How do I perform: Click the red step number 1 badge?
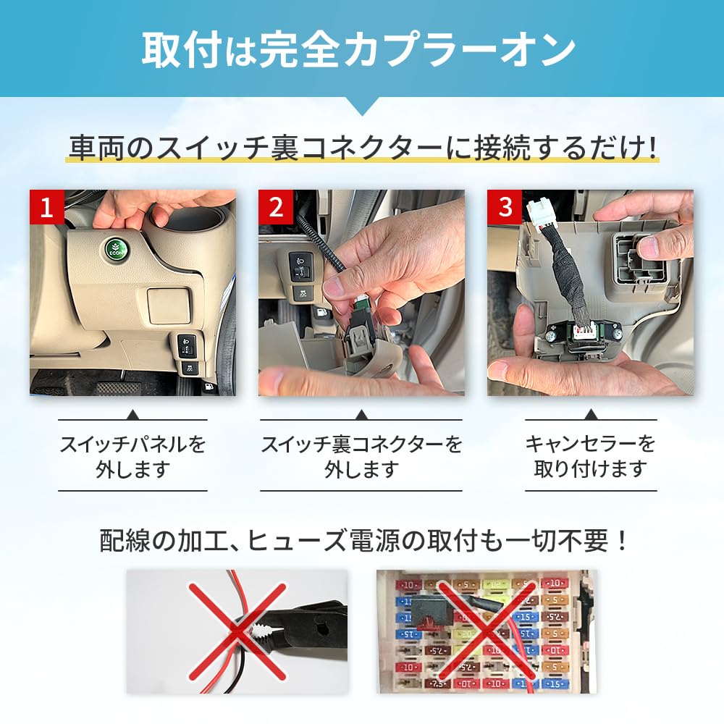click(47, 208)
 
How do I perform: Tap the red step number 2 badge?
click(276, 208)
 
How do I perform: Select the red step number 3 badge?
click(505, 208)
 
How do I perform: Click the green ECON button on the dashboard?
click(115, 249)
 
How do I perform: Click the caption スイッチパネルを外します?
click(132, 456)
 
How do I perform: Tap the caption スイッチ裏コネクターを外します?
click(361, 456)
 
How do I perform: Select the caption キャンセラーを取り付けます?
click(590, 456)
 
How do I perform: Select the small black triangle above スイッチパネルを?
click(132, 415)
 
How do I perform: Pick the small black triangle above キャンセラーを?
click(590, 415)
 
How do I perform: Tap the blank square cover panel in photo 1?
click(168, 305)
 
